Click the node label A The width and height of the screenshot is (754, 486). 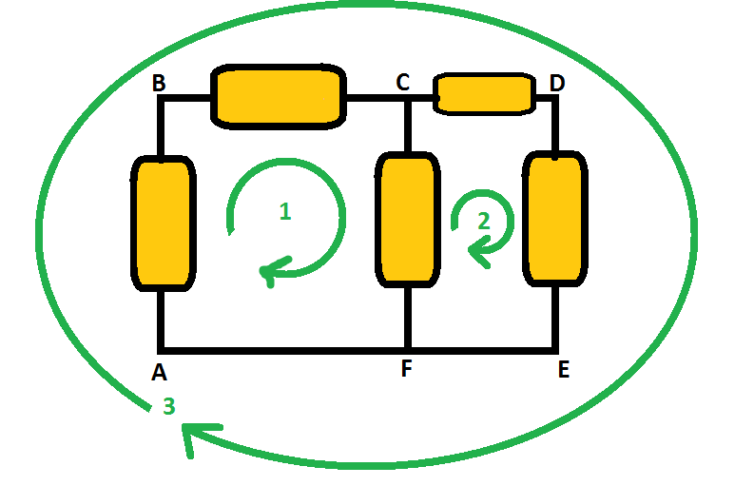pos(160,373)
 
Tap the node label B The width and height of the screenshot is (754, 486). pos(159,84)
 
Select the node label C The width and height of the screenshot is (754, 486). pos(403,84)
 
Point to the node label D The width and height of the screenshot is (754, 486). pos(556,84)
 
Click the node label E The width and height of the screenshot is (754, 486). pos(563,370)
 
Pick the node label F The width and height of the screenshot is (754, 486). pos(406,370)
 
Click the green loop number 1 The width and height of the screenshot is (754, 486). pos(284,212)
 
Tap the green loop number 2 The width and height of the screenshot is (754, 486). pos(483,221)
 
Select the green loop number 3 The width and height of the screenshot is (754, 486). pos(168,407)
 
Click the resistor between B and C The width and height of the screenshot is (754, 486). pos(278,96)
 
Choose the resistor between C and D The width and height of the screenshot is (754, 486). pos(483,93)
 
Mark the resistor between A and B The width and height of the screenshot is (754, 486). pos(162,224)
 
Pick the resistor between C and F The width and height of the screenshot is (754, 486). pos(408,219)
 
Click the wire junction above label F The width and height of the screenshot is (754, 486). pos(408,349)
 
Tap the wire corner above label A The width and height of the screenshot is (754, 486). pos(163,349)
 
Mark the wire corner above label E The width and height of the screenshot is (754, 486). pos(555,349)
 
